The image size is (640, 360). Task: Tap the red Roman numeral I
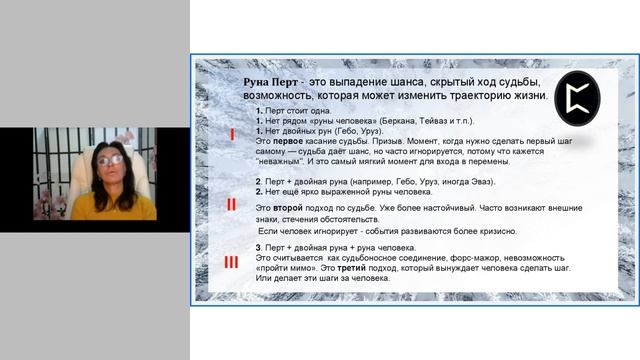coord(231,133)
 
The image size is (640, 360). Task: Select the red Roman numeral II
coord(231,205)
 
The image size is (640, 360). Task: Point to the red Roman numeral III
coord(231,262)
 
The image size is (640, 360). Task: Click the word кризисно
coord(496,231)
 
